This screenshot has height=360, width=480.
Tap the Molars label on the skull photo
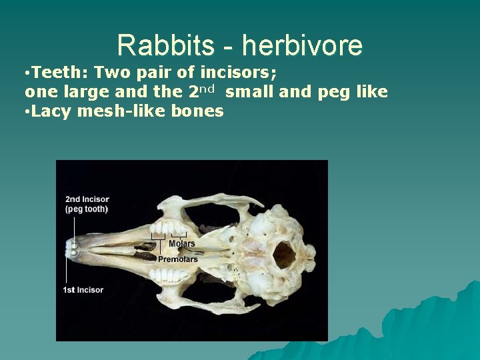tap(182, 244)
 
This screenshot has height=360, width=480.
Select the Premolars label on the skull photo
tap(178, 259)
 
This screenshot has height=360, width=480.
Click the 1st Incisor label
tap(83, 290)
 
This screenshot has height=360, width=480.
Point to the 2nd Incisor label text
tap(87, 199)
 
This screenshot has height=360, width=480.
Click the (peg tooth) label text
tap(87, 209)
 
